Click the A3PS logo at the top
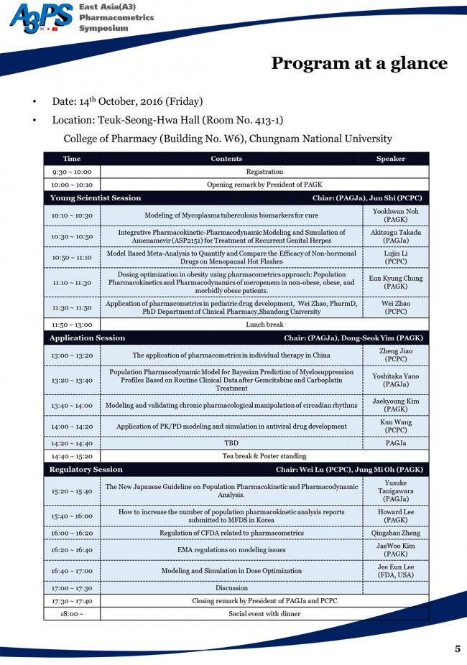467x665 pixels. coord(41,18)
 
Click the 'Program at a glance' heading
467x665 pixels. coord(359,63)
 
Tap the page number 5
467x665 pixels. coord(458,648)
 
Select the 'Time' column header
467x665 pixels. coord(72,159)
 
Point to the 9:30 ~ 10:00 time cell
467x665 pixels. coord(72,172)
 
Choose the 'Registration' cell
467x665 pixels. coord(264,172)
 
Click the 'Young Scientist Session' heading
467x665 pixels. coord(96,197)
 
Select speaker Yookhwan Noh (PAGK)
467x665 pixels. coord(395,215)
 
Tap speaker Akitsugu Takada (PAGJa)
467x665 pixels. coord(395,236)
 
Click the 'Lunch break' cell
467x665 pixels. coord(264,325)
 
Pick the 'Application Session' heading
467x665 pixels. coord(87,338)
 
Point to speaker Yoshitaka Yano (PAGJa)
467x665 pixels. coord(395,380)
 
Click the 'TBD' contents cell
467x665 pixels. coord(231,443)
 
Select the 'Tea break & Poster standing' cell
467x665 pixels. coord(264,456)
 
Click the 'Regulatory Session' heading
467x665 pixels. coord(86,470)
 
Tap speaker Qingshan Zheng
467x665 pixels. coord(395,533)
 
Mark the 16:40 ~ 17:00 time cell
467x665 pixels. coord(72,571)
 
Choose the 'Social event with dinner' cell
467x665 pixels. coord(264,614)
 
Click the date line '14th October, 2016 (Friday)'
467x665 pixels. coord(127,101)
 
